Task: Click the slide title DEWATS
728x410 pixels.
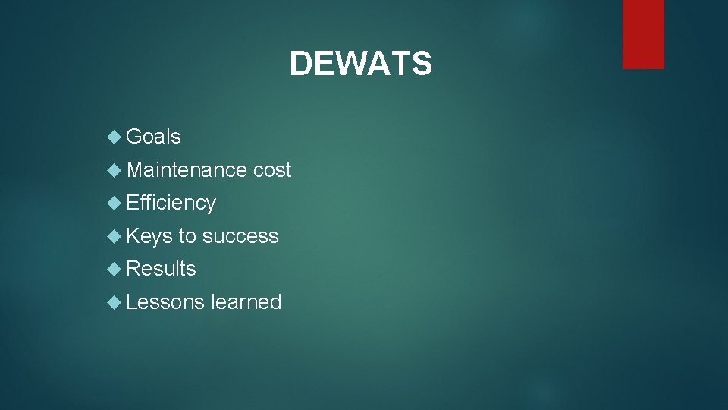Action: (x=360, y=64)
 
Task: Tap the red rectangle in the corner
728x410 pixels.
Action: (x=643, y=33)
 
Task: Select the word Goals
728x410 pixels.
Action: (x=153, y=137)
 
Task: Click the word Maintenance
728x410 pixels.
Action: (x=187, y=170)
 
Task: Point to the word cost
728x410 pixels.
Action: (x=272, y=170)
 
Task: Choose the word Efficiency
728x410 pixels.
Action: (x=171, y=203)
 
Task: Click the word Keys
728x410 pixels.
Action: (x=149, y=236)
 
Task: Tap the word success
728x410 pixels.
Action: (x=240, y=236)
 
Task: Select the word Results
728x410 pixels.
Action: (x=161, y=269)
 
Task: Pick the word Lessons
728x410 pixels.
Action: (x=165, y=302)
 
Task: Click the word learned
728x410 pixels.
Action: (x=246, y=302)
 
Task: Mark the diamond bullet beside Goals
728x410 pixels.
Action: (x=115, y=137)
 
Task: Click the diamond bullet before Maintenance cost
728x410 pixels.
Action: (x=115, y=170)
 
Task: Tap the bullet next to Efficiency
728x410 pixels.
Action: (x=115, y=203)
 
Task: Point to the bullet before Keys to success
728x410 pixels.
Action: (x=115, y=236)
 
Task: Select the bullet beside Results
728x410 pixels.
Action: (x=115, y=269)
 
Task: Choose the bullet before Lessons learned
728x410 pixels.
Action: (x=115, y=302)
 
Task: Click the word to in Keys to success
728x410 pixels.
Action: (x=187, y=236)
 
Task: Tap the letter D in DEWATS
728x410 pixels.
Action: (x=300, y=64)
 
